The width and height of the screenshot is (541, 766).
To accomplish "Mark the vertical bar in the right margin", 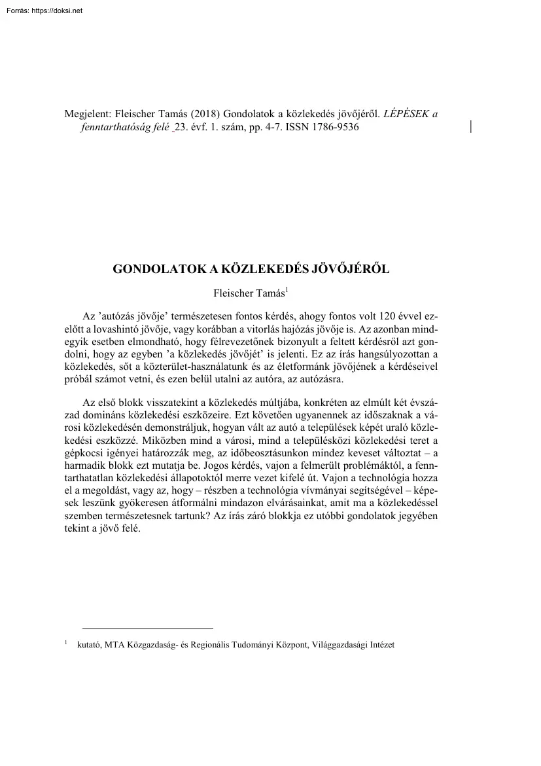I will pyautogui.click(x=471, y=126).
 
